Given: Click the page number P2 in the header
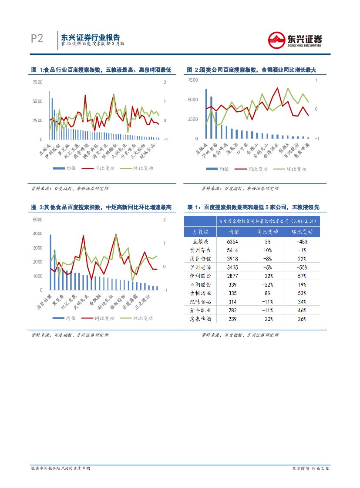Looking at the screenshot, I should coord(37,39).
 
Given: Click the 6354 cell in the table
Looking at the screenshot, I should coord(234,241).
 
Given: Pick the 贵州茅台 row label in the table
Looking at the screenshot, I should coord(201,250).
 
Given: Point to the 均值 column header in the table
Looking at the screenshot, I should coord(234,232).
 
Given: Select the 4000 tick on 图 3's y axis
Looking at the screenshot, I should coord(37,234).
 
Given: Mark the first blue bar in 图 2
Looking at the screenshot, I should coord(206,114).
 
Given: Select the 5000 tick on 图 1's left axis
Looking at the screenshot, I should coord(37,101).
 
